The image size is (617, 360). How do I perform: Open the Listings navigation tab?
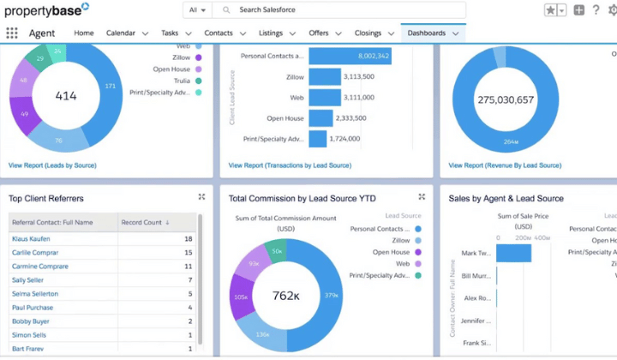point(271,33)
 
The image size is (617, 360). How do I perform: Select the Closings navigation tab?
point(368,33)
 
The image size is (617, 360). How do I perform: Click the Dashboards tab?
point(426,33)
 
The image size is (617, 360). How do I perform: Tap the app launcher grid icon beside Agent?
point(12,33)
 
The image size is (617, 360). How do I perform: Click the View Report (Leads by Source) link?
point(52,165)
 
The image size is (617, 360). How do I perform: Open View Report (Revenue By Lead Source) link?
point(505,165)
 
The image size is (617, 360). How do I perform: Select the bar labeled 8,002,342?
point(350,56)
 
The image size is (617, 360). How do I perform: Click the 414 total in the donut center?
point(66,96)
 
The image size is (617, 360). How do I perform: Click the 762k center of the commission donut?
point(285,297)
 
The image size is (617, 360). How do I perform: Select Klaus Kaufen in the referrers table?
point(33,239)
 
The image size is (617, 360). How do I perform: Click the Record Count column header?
point(143,222)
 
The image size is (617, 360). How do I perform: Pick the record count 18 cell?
point(188,239)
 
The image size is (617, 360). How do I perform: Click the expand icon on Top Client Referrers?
point(201,197)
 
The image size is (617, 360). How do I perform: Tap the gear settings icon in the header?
point(612,10)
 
